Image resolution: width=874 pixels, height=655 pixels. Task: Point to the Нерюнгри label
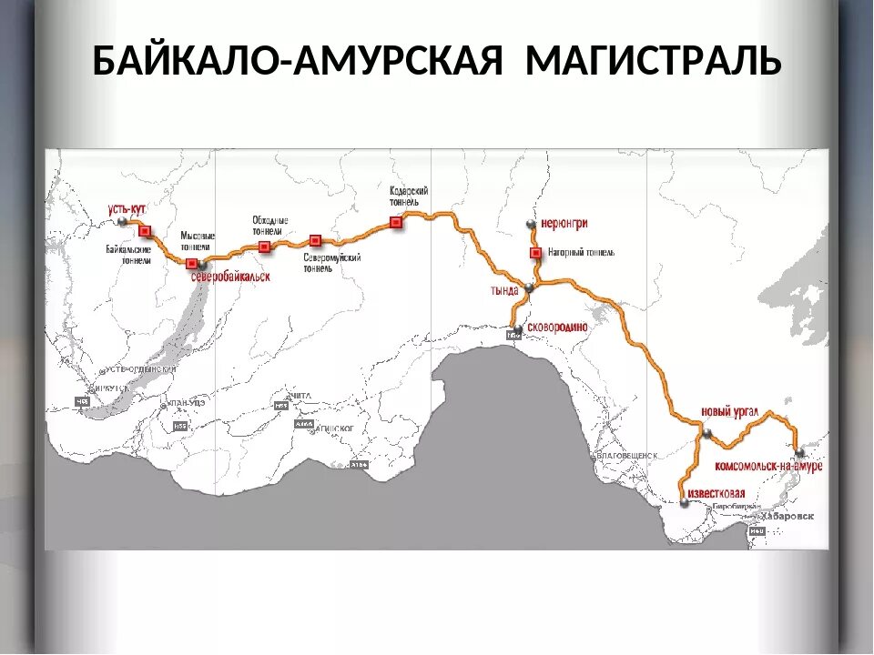[564, 222]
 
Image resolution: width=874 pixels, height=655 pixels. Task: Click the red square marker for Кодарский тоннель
[395, 222]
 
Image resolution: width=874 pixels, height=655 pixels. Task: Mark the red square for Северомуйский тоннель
[315, 240]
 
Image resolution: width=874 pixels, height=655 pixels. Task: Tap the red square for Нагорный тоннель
[535, 252]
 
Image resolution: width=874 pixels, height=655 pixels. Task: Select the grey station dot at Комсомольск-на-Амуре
[799, 453]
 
